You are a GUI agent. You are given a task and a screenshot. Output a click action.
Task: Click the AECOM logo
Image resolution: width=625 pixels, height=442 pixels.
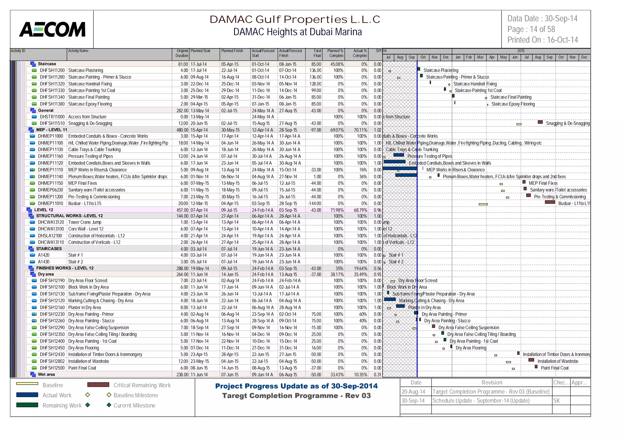(52, 29)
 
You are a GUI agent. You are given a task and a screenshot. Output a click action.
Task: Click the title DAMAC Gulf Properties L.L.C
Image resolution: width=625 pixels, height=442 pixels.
(294, 20)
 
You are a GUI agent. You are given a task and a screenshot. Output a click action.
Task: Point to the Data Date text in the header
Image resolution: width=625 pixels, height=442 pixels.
(542, 19)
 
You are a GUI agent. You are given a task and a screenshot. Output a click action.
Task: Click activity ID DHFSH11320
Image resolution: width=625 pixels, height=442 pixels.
(52, 84)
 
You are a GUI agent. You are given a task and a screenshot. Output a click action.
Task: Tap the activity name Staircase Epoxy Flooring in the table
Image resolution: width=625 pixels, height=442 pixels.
(90, 104)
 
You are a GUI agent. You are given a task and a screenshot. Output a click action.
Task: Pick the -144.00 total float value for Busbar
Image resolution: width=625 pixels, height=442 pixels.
(314, 204)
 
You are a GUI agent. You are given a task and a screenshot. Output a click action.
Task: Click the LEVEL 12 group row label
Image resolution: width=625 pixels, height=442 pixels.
(44, 210)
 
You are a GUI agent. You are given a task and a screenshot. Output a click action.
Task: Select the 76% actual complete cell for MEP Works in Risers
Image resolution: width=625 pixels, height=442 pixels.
(363, 170)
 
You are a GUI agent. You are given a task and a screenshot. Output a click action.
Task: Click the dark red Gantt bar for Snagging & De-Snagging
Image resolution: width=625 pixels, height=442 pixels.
(540, 122)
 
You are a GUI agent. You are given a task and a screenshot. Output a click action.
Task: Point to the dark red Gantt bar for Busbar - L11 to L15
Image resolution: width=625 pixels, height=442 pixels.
(550, 202)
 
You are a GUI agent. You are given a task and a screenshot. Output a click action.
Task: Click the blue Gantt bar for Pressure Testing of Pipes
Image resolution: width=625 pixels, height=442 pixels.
(399, 155)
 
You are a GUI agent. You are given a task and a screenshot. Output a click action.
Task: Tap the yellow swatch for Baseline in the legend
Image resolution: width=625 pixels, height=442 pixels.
(27, 384)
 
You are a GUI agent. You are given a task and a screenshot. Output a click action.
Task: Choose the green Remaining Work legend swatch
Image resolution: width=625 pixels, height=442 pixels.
(27, 405)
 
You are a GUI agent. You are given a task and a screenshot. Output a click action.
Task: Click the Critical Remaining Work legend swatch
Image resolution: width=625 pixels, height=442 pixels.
(98, 385)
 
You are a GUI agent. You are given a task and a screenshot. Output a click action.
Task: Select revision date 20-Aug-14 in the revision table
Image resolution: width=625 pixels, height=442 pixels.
(413, 392)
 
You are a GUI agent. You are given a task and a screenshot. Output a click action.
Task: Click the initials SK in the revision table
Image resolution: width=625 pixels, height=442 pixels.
(557, 401)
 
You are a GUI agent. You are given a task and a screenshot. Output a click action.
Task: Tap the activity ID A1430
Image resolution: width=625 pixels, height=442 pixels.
(44, 262)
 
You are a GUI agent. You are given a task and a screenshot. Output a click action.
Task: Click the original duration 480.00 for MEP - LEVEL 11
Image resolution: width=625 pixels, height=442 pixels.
(182, 130)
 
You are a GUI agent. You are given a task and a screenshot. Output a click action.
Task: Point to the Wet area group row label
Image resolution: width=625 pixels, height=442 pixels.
(46, 375)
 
